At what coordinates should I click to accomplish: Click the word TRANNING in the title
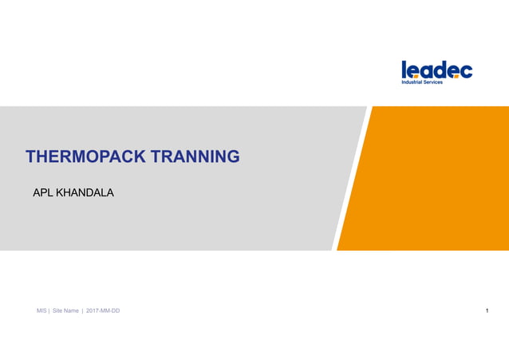[197, 156]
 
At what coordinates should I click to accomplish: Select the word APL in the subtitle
[41, 192]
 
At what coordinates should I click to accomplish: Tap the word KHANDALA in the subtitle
[85, 192]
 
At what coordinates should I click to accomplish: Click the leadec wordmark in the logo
[436, 70]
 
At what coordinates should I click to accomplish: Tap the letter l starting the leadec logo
[404, 69]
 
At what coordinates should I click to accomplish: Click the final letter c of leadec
[466, 71]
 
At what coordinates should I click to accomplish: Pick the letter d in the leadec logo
[440, 69]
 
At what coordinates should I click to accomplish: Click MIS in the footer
[41, 311]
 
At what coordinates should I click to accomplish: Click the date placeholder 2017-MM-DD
[103, 311]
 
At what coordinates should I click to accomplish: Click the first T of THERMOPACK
[31, 156]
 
